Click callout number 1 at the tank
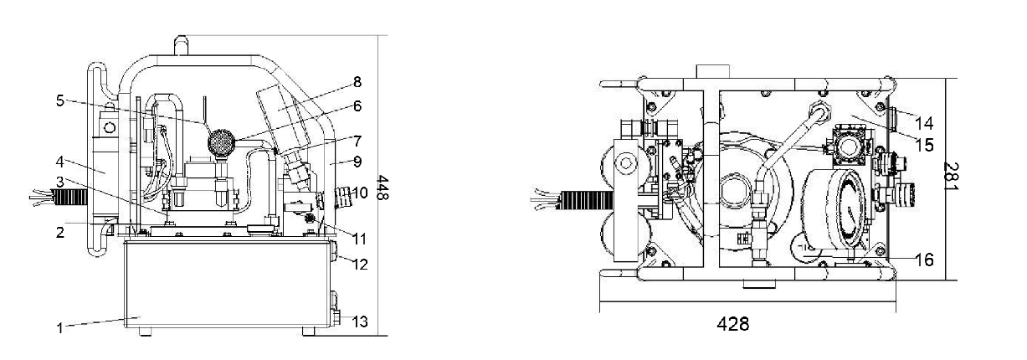click(59, 328)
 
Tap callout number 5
click(60, 100)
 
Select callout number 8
click(357, 82)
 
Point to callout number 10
click(361, 193)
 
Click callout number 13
click(361, 322)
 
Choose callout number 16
click(924, 260)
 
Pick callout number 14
click(924, 123)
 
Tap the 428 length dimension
click(733, 324)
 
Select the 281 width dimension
click(951, 176)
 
